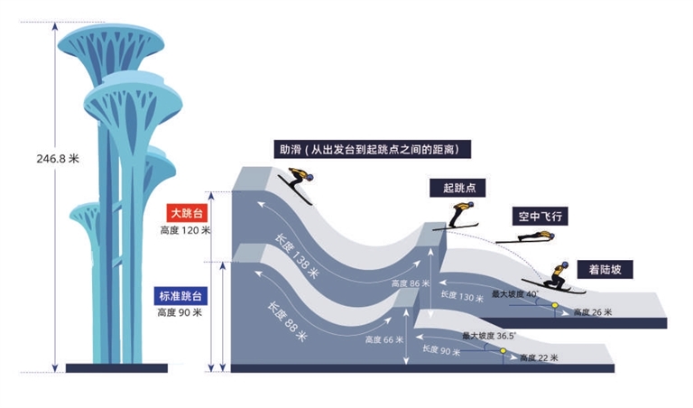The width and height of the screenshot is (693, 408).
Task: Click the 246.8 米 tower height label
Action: point(59,158)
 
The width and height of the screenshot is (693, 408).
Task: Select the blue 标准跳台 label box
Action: point(184,295)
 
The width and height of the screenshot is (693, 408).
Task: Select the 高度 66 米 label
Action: point(385,340)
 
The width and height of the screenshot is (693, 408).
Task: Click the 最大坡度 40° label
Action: point(514,294)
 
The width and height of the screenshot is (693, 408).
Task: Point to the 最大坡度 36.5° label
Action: point(488,336)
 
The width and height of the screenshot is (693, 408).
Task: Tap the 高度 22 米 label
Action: point(539,358)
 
